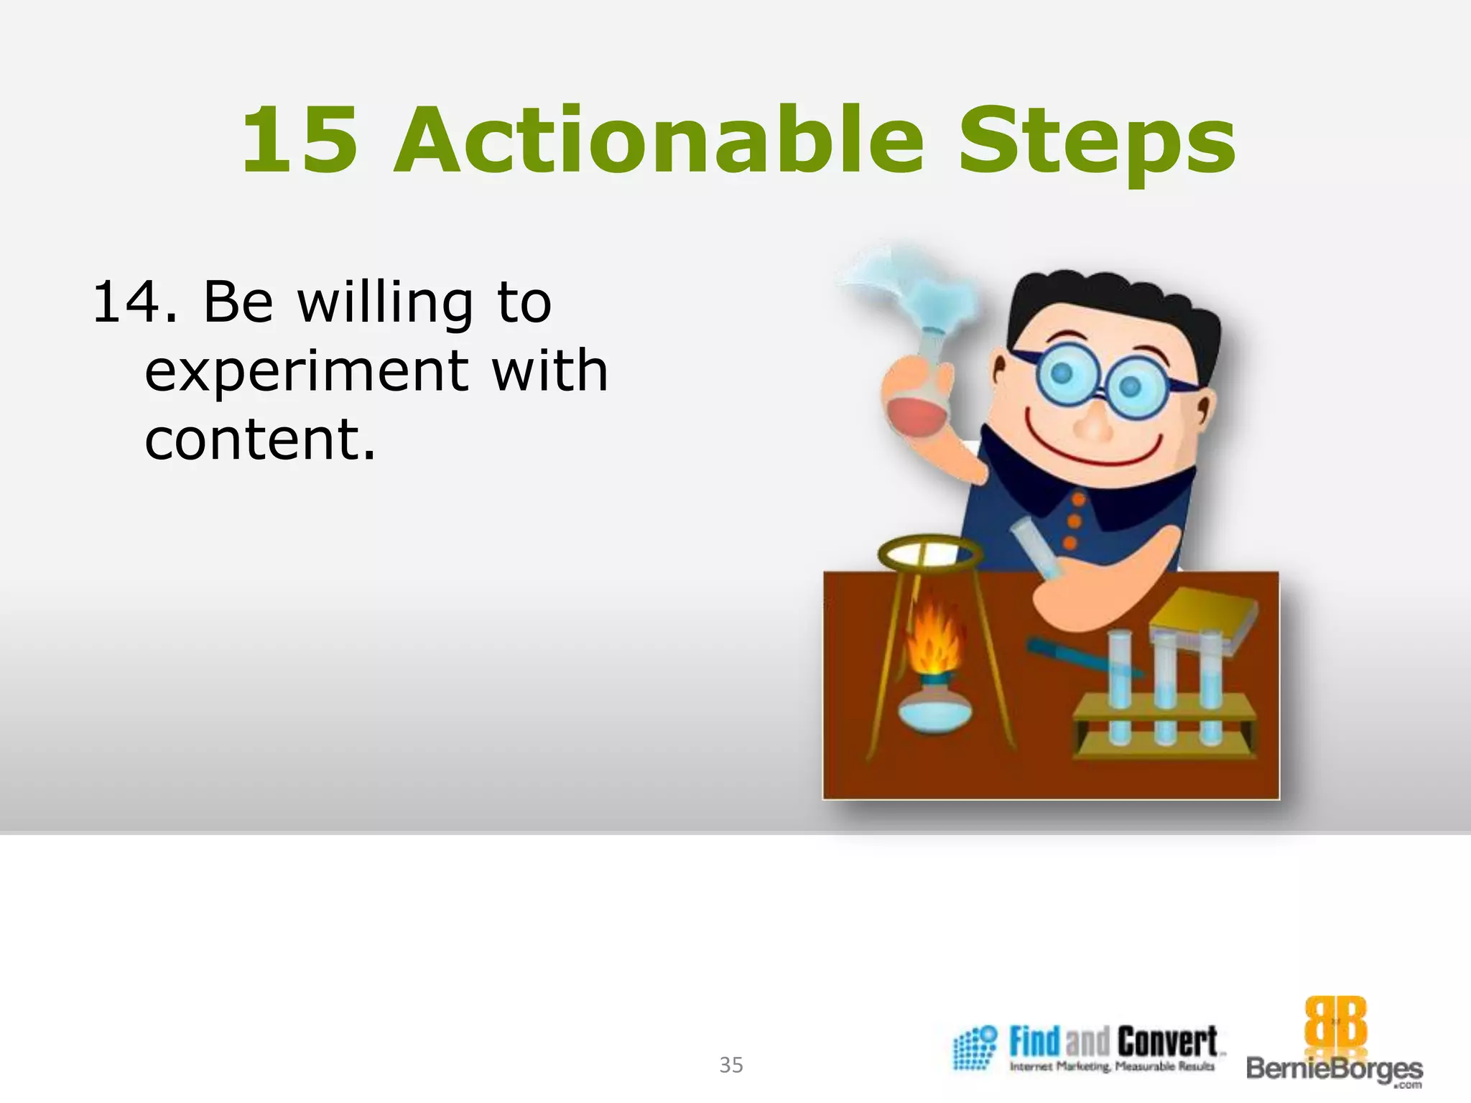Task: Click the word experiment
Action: click(x=305, y=372)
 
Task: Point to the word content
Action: click(x=260, y=439)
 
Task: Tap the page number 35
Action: click(x=731, y=1065)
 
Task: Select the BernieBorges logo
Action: click(x=1335, y=1043)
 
